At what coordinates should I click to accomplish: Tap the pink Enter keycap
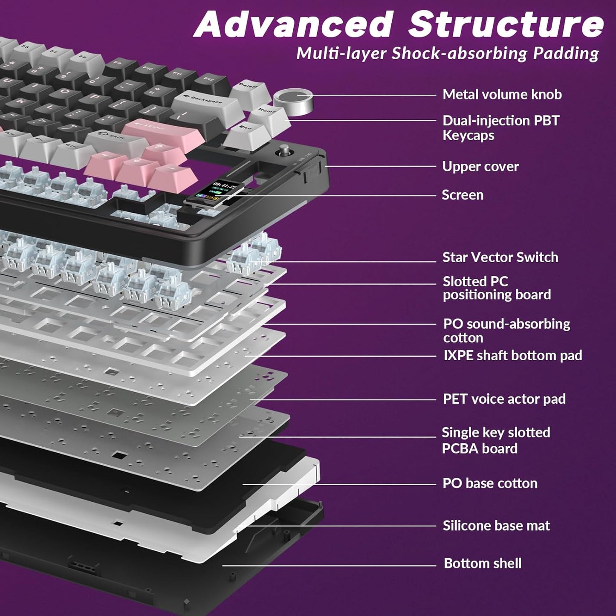tap(162, 130)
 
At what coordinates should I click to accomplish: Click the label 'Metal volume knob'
tap(502, 94)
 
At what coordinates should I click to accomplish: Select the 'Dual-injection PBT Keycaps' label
tap(500, 128)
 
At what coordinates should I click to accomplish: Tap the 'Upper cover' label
tap(480, 166)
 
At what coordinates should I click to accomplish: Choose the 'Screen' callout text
tap(463, 195)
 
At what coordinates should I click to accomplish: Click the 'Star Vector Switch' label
tap(500, 257)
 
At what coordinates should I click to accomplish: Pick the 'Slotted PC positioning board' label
tap(497, 288)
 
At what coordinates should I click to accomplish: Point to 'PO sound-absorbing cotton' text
tap(506, 330)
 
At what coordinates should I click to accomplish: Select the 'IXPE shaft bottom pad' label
tap(512, 355)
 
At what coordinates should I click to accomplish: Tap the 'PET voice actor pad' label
tap(504, 399)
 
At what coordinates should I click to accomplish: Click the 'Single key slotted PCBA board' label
tap(495, 440)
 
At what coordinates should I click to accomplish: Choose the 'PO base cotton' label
tap(490, 483)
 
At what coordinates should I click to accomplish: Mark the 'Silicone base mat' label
tap(496, 525)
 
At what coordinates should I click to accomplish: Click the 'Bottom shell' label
tap(483, 563)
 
